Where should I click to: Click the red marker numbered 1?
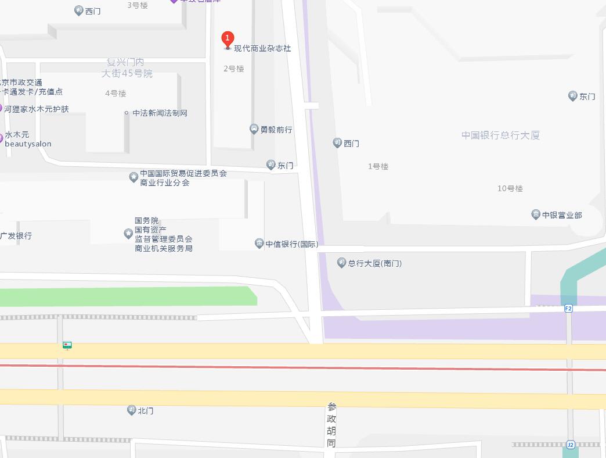coord(228,39)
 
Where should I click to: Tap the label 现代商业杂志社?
coord(262,49)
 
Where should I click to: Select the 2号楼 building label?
coord(234,69)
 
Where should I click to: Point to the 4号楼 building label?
coord(116,93)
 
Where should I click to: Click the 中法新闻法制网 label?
coord(160,113)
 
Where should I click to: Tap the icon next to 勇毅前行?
coord(254,129)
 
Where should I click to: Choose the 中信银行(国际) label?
coord(292,244)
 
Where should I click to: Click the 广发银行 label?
coord(16,236)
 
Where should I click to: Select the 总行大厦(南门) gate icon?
coord(341,263)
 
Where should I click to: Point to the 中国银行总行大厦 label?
coord(500,135)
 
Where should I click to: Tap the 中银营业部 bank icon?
coord(536,215)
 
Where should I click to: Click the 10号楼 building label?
coord(510,188)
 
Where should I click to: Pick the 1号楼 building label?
coord(378,166)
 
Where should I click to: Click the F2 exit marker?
coord(568,309)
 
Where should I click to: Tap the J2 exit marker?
coord(570,445)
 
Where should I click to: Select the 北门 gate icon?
coord(132,410)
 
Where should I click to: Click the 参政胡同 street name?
coord(331,425)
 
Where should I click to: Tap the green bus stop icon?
coord(67,345)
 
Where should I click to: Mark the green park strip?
coord(128,296)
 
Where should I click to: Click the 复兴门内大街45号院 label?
coord(127,67)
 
